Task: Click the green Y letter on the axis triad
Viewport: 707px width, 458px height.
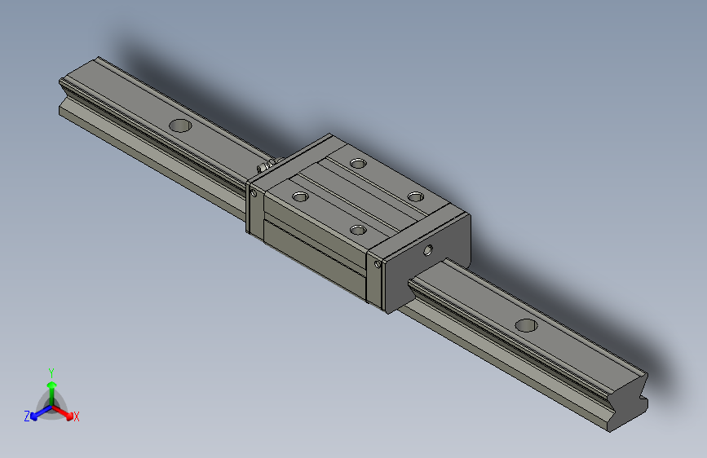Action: coord(51,372)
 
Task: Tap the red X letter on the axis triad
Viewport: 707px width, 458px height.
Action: coord(77,417)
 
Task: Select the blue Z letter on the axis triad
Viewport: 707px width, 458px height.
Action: coord(27,416)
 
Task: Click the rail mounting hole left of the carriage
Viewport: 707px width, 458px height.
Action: coord(179,126)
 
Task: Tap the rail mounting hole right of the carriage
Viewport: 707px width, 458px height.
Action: coord(526,325)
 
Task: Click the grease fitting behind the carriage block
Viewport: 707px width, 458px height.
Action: coord(263,168)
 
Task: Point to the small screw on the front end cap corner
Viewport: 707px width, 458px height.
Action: coord(378,262)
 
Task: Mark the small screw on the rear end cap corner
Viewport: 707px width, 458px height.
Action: coord(254,194)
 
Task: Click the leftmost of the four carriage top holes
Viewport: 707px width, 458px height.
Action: coord(300,196)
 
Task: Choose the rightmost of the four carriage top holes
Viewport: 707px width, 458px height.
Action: coord(416,196)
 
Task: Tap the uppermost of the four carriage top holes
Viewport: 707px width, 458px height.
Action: coord(357,163)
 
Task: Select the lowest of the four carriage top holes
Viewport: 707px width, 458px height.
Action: coord(357,230)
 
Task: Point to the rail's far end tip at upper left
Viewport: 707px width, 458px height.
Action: coord(63,82)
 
